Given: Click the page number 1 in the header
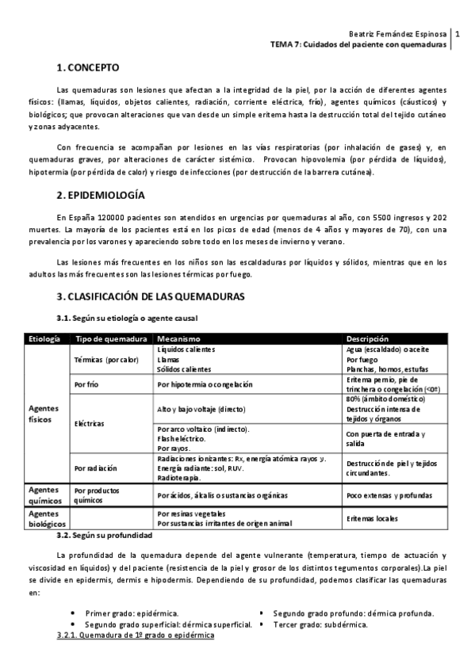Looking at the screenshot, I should click(458, 35).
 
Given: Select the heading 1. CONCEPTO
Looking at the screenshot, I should click(88, 69).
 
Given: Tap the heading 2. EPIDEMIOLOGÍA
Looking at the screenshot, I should click(101, 194).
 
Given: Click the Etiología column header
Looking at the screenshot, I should click(44, 338).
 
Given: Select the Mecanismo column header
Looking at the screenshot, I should click(178, 338).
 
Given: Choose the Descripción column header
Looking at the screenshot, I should click(372, 338).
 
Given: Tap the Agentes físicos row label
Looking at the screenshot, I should click(43, 413).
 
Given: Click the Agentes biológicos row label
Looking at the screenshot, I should click(43, 519).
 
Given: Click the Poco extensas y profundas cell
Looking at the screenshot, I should click(389, 495).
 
